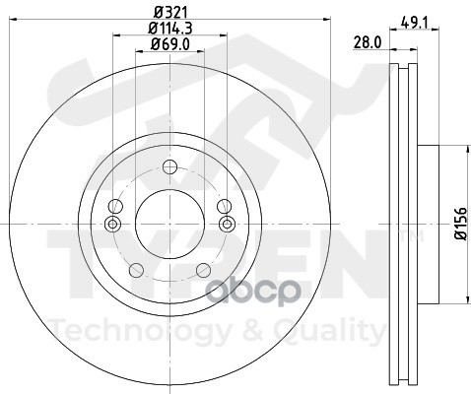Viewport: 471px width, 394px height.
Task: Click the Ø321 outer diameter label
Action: click(170, 13)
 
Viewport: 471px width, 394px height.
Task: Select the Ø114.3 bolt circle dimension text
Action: click(170, 29)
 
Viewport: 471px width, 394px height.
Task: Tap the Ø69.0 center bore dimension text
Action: click(170, 44)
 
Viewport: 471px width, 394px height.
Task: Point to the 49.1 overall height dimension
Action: click(415, 23)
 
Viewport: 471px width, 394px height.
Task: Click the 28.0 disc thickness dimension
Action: click(368, 42)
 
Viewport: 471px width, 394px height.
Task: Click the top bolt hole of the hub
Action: click(169, 167)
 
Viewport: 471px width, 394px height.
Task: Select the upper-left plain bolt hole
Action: click(115, 207)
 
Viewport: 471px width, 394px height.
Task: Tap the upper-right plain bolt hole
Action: click(225, 207)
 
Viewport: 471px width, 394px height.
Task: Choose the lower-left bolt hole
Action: click(136, 270)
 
